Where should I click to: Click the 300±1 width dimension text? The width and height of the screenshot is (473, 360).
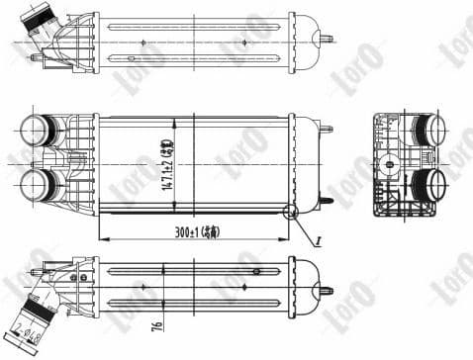pyautogui.click(x=194, y=234)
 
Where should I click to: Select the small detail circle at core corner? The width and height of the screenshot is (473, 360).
pyautogui.click(x=289, y=211)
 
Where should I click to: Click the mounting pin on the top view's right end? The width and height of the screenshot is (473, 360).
pyautogui.click(x=325, y=40)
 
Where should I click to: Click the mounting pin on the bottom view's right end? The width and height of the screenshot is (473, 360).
pyautogui.click(x=325, y=291)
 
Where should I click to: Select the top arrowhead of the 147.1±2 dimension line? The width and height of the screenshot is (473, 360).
pyautogui.click(x=175, y=120)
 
